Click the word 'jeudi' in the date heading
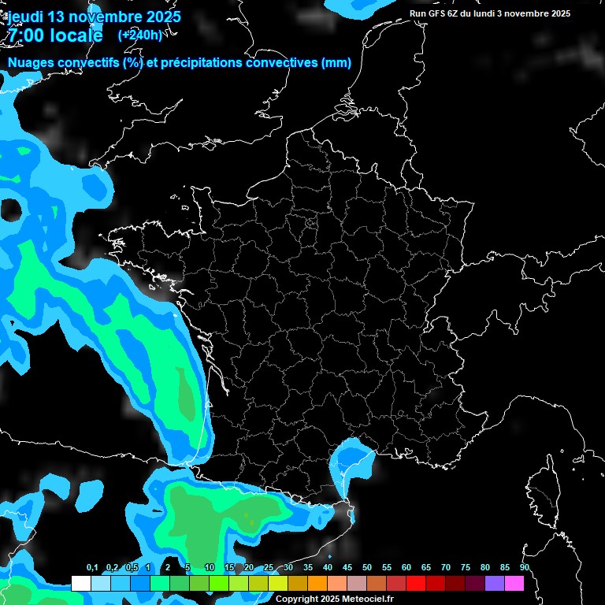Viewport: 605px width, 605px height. [25, 17]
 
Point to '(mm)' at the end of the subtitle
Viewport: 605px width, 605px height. [336, 63]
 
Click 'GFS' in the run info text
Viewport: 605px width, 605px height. [440, 13]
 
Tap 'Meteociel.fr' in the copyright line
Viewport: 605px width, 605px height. [367, 599]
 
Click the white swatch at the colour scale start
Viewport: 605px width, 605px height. [80, 584]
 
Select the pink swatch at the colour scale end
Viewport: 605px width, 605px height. [514, 584]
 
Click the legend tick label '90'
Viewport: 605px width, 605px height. [525, 567]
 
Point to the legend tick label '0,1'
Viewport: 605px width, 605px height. [92, 567]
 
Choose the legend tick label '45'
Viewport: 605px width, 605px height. [347, 567]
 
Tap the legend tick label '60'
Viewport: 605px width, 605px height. [406, 567]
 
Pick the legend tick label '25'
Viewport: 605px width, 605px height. [269, 567]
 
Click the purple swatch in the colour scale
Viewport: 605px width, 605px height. [495, 584]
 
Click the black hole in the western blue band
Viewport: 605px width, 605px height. [11, 210]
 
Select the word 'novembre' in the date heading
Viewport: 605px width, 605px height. [106, 17]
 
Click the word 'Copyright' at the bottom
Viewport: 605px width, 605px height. [297, 599]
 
